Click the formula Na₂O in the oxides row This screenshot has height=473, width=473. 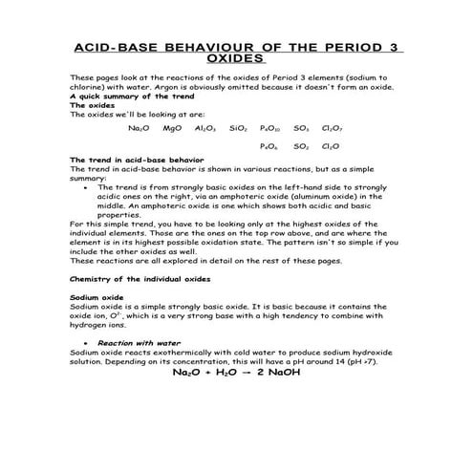(140, 127)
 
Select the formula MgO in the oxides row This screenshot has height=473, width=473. (173, 127)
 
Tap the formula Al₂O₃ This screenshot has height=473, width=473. (204, 127)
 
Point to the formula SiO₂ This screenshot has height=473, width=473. (239, 127)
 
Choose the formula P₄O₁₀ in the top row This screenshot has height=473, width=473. (269, 127)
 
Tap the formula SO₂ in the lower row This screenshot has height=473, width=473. (301, 146)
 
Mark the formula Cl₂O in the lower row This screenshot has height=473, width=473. (330, 146)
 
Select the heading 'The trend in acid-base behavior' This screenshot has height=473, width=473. (132, 160)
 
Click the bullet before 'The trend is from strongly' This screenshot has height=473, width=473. (88, 187)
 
